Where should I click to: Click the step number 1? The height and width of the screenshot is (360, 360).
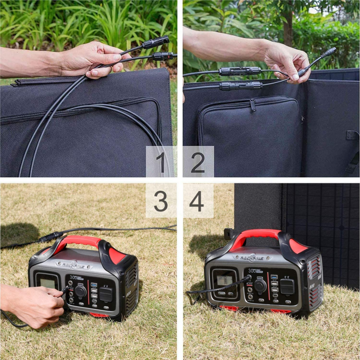coord(160,163)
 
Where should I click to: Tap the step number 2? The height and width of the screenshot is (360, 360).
coord(197,163)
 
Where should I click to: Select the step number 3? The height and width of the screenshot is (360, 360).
coord(160,200)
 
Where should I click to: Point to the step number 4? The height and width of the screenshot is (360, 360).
coord(197,200)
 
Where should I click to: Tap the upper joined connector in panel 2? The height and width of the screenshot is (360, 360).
coord(240,71)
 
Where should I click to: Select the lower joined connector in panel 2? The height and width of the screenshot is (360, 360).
coord(240,86)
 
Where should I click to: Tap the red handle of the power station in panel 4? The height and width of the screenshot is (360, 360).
coord(255,235)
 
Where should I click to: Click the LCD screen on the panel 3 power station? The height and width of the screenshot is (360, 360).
coord(47,283)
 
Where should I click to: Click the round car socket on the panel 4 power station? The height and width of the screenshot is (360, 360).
coord(260,285)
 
